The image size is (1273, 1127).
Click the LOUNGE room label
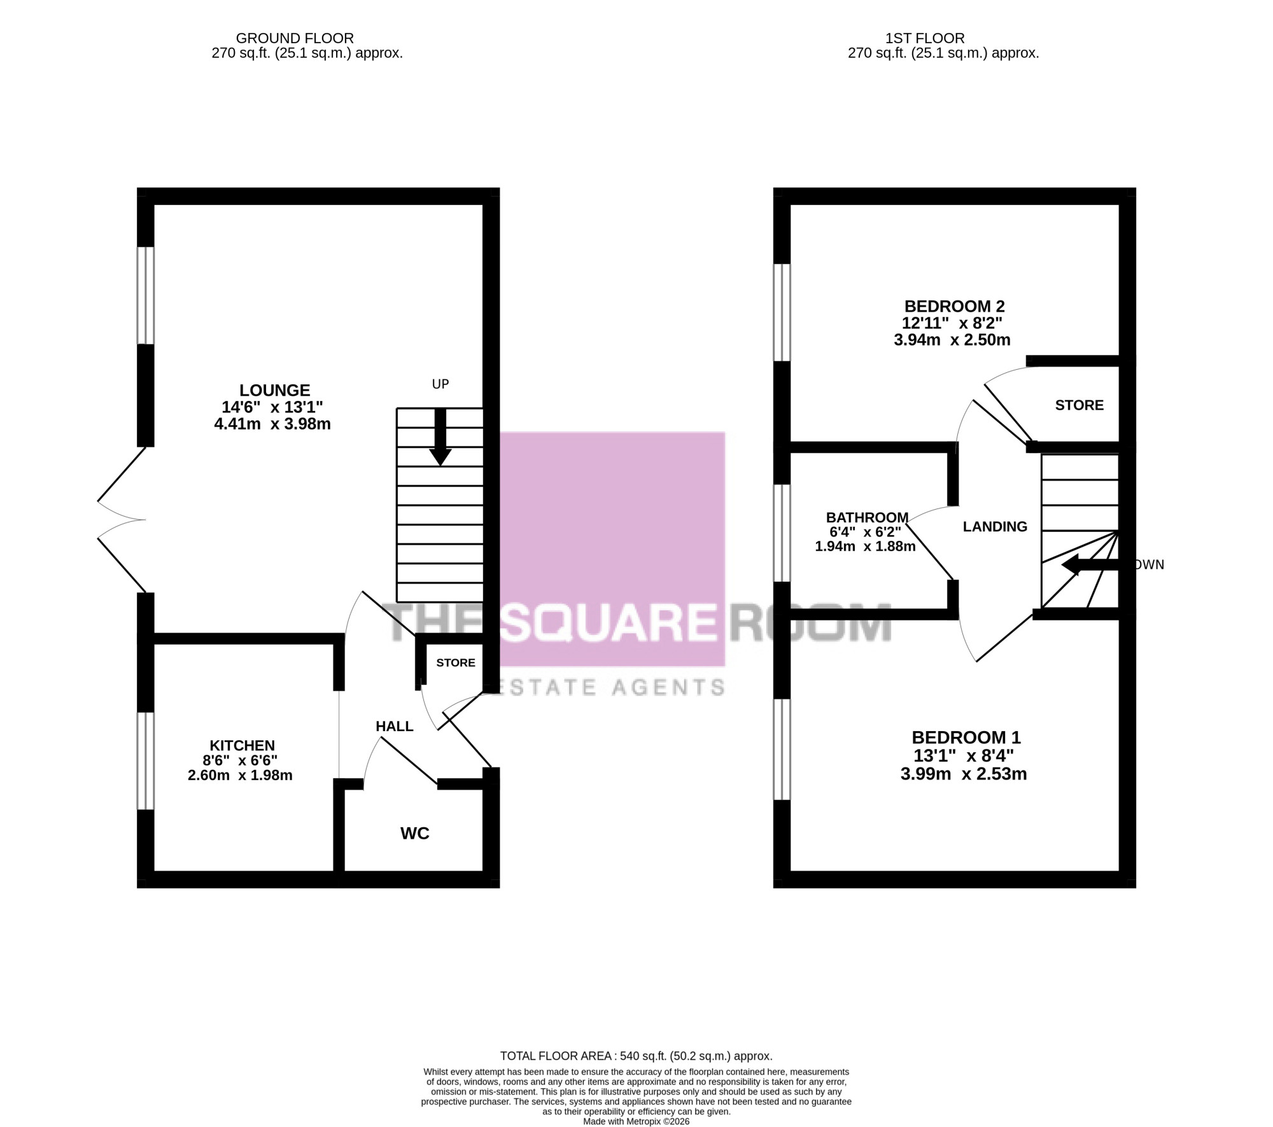pyautogui.click(x=274, y=390)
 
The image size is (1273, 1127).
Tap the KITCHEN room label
pyautogui.click(x=242, y=745)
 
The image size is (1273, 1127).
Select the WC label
pyautogui.click(x=414, y=833)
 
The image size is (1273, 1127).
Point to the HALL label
pyautogui.click(x=394, y=726)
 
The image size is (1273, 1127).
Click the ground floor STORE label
pyautogui.click(x=456, y=662)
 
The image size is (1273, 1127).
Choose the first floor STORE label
pyautogui.click(x=1079, y=405)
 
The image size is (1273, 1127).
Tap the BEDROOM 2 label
pyautogui.click(x=954, y=306)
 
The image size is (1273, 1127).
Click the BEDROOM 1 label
pyautogui.click(x=966, y=738)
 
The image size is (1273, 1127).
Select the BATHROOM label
pyautogui.click(x=867, y=517)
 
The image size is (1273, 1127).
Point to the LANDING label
pyautogui.click(x=995, y=526)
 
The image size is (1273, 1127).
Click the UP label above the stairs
pyautogui.click(x=440, y=384)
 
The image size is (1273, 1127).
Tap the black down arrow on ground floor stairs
pyautogui.click(x=440, y=437)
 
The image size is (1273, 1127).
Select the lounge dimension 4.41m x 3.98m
pyautogui.click(x=272, y=424)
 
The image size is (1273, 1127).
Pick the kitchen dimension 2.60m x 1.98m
pyautogui.click(x=240, y=775)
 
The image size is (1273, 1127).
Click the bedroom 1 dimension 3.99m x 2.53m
pyautogui.click(x=964, y=774)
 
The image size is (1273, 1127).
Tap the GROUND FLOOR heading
pyautogui.click(x=295, y=38)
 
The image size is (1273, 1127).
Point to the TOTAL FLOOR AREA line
pyautogui.click(x=636, y=1056)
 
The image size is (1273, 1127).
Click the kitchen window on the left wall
pyautogui.click(x=146, y=760)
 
